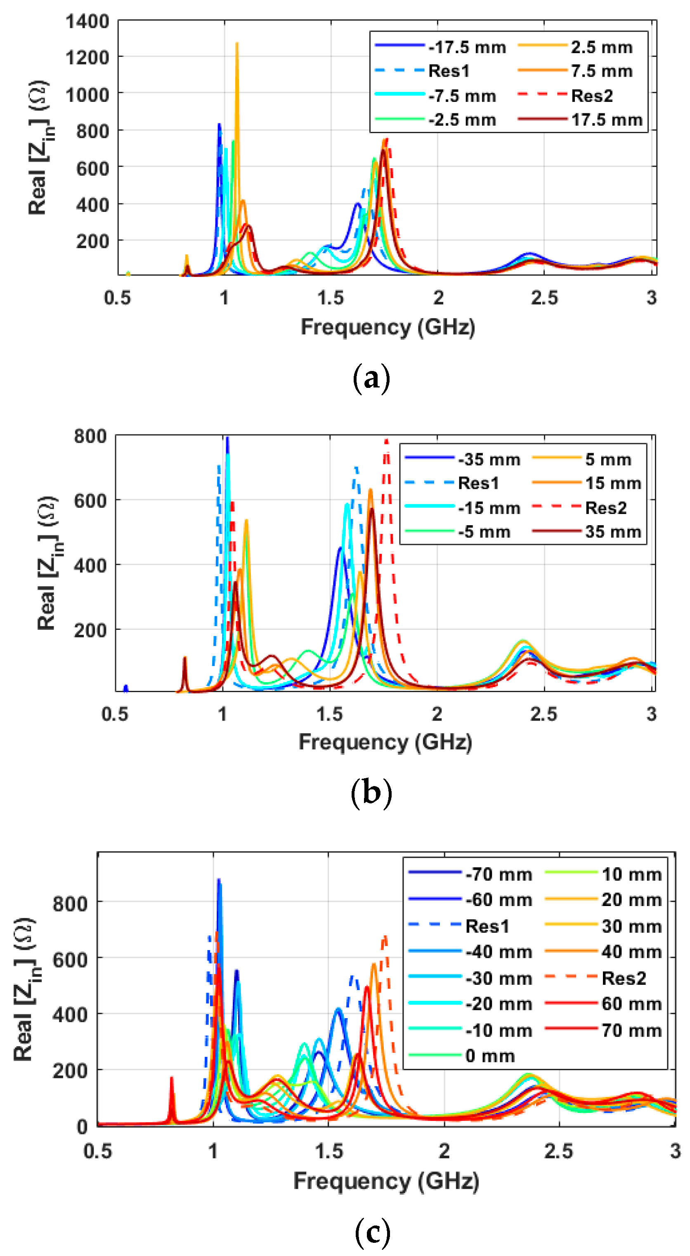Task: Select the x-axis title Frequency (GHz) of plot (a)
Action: point(388,327)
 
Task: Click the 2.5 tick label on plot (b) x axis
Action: point(543,714)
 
